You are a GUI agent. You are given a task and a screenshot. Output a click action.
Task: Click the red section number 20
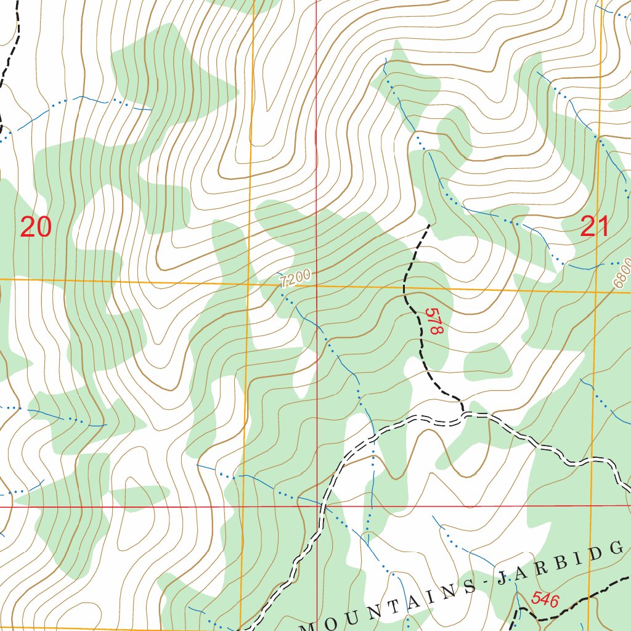pyautogui.click(x=35, y=227)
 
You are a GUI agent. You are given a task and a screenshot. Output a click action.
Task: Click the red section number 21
pyautogui.click(x=595, y=227)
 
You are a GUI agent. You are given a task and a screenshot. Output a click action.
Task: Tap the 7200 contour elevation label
pyautogui.click(x=295, y=279)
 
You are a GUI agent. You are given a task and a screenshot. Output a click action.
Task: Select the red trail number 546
pyautogui.click(x=545, y=599)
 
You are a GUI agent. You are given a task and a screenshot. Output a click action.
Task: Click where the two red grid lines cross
pyautogui.click(x=317, y=507)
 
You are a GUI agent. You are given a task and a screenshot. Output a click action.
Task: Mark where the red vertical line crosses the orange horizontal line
pyautogui.click(x=317, y=285)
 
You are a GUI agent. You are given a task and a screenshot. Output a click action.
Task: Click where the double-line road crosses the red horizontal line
pyautogui.click(x=322, y=507)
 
